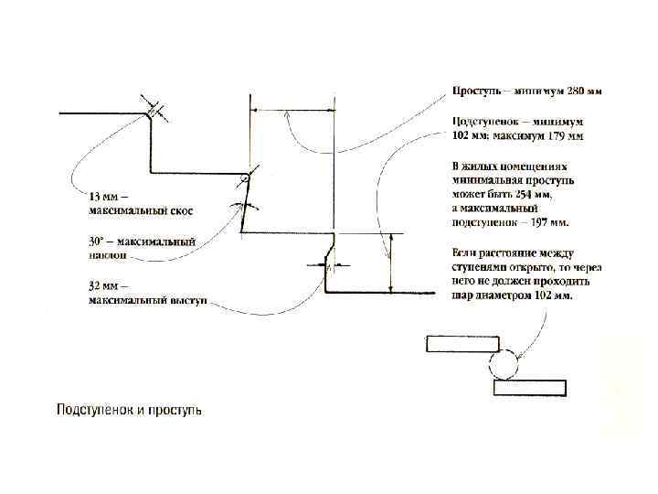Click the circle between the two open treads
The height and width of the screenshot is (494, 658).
pos(504,366)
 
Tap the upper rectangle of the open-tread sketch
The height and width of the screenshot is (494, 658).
pos(462,344)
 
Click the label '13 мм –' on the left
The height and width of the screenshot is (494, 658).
pos(108,197)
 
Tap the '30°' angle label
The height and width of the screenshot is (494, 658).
pos(98,242)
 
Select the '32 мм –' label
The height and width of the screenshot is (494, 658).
pos(108,286)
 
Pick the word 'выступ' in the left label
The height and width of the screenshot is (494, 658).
pos(186,300)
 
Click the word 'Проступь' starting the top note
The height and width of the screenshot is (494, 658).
pos(477,91)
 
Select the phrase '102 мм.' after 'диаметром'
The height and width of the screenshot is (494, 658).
pos(553,295)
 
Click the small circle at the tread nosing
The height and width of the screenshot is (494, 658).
pos(246,178)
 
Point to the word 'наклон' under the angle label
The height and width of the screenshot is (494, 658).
pos(108,256)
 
